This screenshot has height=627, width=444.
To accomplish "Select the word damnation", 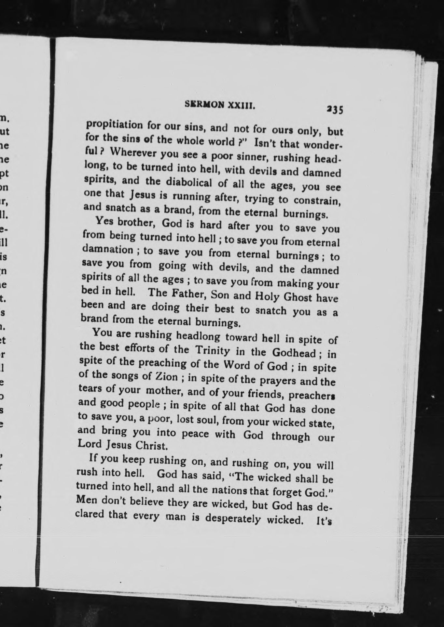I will tap(107, 250).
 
